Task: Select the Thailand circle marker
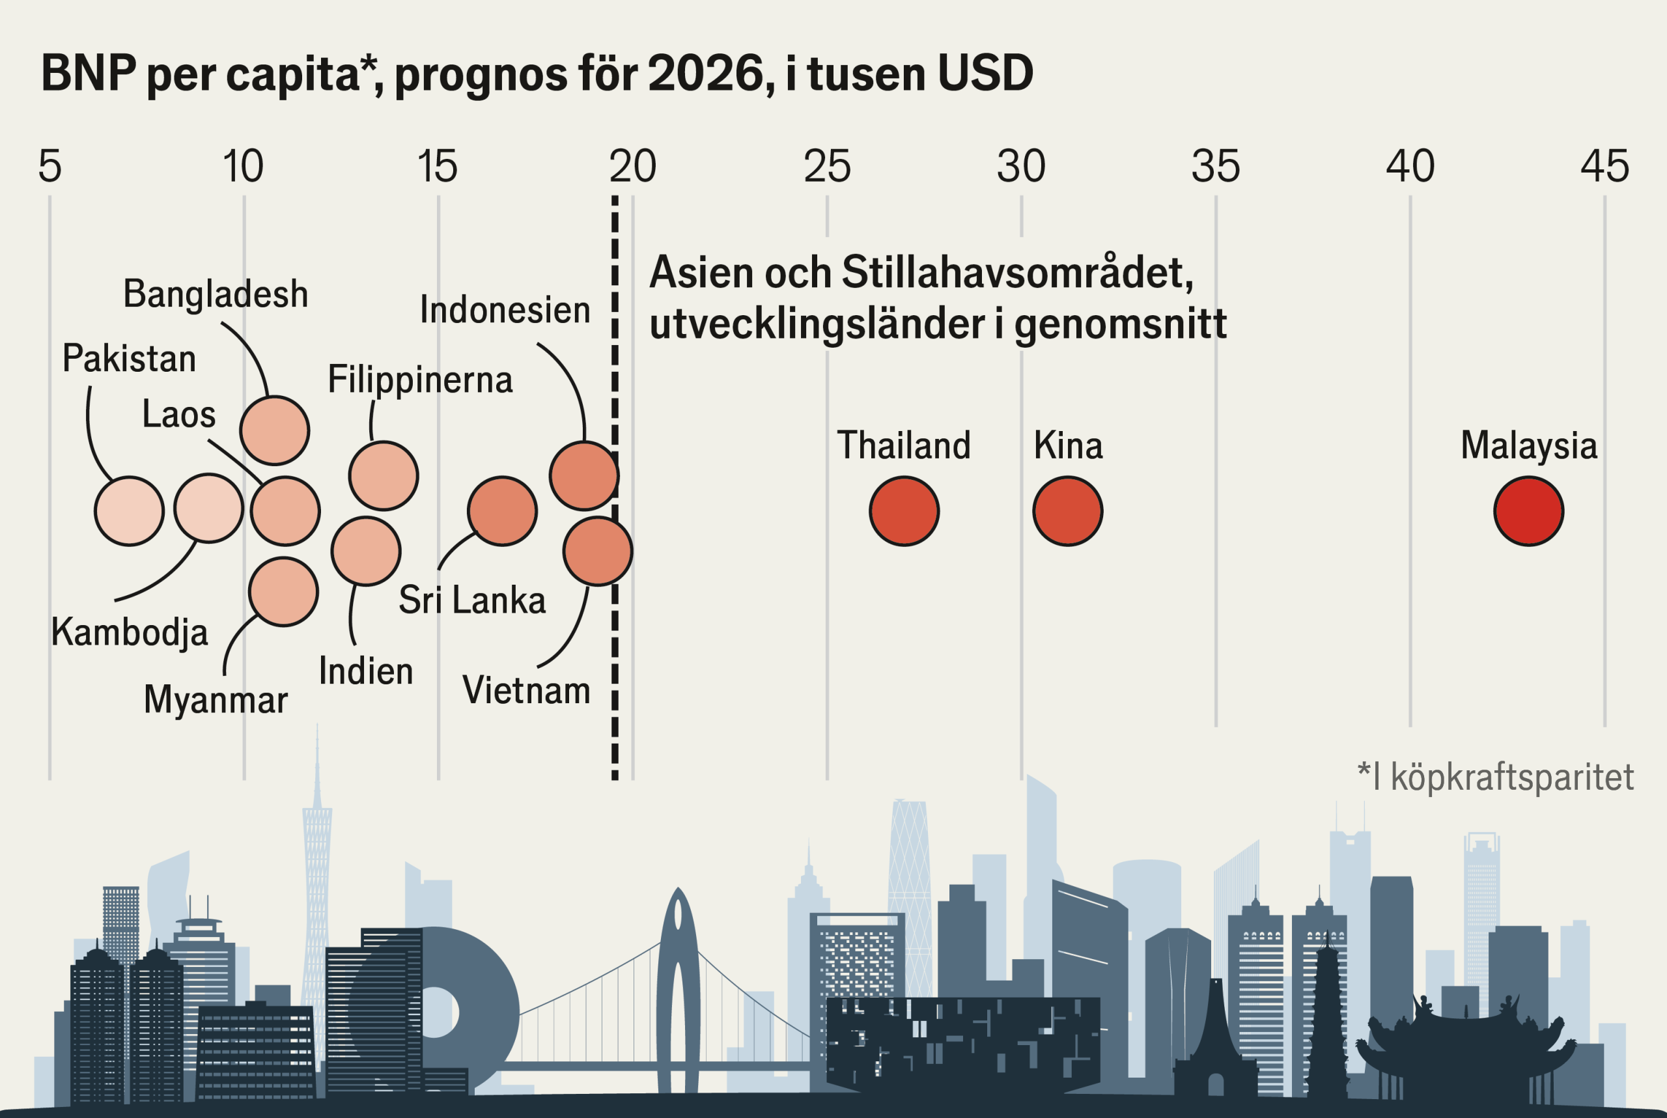point(904,511)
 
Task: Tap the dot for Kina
point(1067,511)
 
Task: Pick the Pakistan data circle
point(129,511)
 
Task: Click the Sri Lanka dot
point(502,511)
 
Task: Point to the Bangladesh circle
point(275,430)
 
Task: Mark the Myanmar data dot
point(283,592)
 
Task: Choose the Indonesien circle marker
point(584,475)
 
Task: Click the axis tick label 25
point(827,167)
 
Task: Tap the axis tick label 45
point(1604,167)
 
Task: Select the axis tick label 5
point(50,167)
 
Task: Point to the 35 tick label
point(1216,167)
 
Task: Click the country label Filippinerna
point(420,380)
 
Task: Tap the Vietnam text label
point(526,690)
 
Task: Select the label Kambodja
point(130,632)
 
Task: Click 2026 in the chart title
point(707,74)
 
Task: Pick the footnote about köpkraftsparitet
point(1495,777)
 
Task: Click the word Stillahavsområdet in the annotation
point(1016,272)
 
